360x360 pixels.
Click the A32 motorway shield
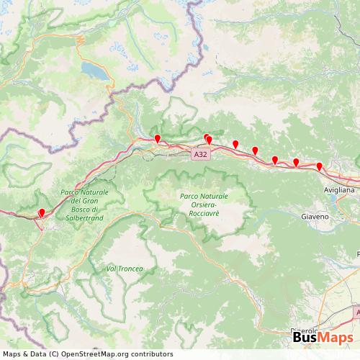pos(201,154)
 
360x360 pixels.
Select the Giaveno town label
pos(315,216)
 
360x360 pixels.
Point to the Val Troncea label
pos(125,269)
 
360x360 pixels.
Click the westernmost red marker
pos(42,212)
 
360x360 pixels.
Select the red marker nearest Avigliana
pos(320,167)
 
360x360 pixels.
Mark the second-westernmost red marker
pos(158,138)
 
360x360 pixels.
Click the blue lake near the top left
pos(94,70)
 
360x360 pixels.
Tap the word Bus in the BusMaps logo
pos(306,339)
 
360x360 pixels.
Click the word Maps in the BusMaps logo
pos(336,339)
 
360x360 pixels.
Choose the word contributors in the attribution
pos(150,354)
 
